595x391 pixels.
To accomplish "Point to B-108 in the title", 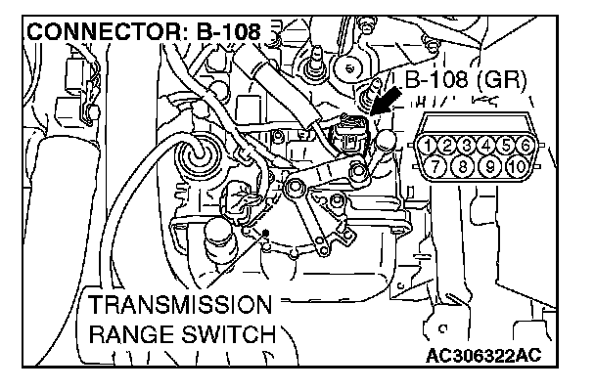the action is point(228,32).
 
